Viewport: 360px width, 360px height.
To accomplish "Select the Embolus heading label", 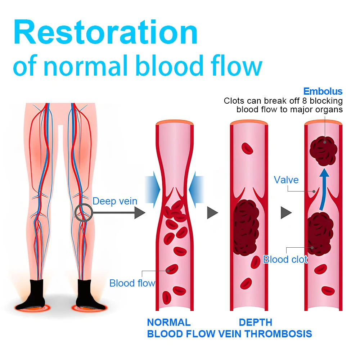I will pyautogui.click(x=323, y=91).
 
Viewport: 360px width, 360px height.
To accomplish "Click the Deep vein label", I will pyautogui.click(x=115, y=201).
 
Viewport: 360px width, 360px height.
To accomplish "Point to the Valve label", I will pyautogui.click(x=286, y=180).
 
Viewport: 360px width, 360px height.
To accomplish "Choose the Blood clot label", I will pyautogui.click(x=285, y=259).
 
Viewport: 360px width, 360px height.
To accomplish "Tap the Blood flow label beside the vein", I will pyautogui.click(x=132, y=283).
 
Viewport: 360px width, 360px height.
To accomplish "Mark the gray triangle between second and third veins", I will pyautogui.click(x=286, y=213).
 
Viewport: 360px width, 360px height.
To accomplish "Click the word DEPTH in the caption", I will pyautogui.click(x=256, y=322).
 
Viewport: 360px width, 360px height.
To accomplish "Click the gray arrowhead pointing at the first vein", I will pyautogui.click(x=140, y=213).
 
